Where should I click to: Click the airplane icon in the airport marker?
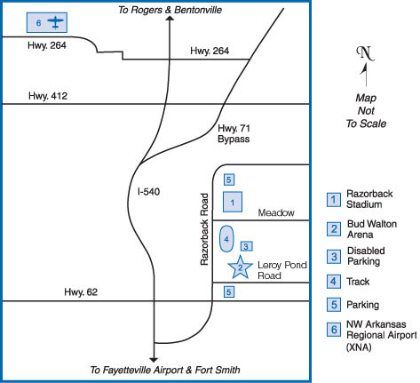tap(55, 23)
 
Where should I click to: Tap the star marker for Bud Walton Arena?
tap(240, 267)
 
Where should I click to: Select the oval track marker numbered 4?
tap(226, 239)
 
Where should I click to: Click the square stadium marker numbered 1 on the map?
tap(233, 202)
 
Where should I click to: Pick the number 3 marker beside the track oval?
tap(246, 246)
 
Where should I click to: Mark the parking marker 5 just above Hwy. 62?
tap(229, 292)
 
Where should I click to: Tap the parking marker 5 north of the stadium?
tap(229, 180)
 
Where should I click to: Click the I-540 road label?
tap(148, 192)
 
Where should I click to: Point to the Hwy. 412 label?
tap(48, 96)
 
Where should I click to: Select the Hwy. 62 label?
tap(81, 292)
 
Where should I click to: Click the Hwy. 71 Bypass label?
tap(234, 133)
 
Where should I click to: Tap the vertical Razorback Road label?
tap(204, 229)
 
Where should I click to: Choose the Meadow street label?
tap(276, 212)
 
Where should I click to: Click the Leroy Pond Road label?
tap(282, 270)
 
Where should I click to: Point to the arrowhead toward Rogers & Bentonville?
tap(170, 19)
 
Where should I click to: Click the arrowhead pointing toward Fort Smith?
tap(154, 360)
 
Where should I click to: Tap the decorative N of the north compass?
tap(366, 53)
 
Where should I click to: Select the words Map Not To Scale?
tap(367, 111)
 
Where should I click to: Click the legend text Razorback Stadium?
tap(369, 199)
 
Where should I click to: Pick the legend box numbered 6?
tap(334, 330)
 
